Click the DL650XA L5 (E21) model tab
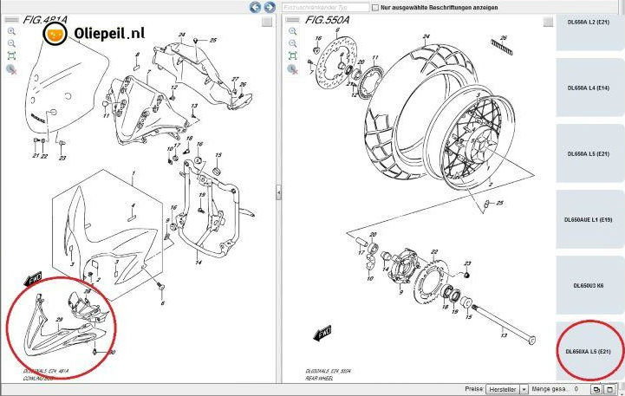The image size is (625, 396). click(x=589, y=351)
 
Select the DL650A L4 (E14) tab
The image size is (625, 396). click(x=589, y=88)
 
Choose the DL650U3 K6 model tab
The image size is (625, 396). click(x=589, y=285)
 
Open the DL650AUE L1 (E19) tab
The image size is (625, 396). click(x=589, y=220)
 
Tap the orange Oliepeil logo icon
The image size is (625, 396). click(x=56, y=34)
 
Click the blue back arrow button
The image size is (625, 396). click(x=256, y=7)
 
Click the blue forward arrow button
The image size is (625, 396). click(x=269, y=7)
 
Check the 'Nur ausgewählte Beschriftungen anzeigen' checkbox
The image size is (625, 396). click(x=374, y=7)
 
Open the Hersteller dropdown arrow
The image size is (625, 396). click(x=523, y=390)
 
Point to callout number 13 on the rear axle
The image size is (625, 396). click(x=502, y=334)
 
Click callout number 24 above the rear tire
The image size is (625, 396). click(x=426, y=37)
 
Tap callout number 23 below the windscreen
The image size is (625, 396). click(x=62, y=159)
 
